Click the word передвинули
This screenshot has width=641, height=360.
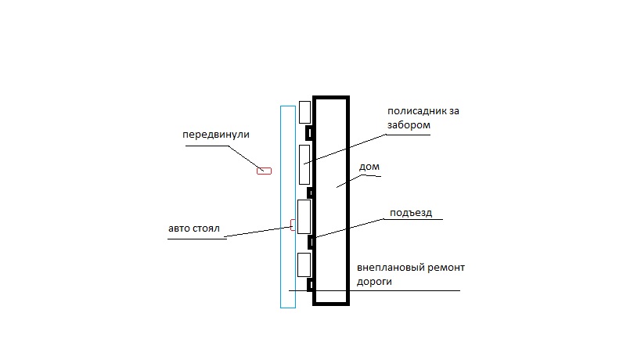[216, 135]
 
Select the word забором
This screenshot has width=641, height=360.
[409, 125]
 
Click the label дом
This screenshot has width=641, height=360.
[369, 167]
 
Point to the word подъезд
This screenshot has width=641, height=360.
[411, 213]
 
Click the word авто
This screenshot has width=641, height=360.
[179, 229]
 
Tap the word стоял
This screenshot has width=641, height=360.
[206, 229]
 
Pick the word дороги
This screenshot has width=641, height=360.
[374, 282]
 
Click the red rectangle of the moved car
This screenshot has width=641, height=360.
[264, 171]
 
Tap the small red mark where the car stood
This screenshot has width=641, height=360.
[293, 225]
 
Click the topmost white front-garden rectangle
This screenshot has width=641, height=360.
[304, 112]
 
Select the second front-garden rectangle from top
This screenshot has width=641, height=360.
[304, 164]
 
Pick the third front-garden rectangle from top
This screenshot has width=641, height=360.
[304, 217]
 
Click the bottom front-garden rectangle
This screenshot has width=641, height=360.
[304, 265]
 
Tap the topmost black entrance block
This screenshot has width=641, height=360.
[309, 133]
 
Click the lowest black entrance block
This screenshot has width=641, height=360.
[310, 284]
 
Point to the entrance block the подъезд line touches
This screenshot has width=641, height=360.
[311, 242]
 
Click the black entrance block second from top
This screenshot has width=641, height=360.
[310, 193]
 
